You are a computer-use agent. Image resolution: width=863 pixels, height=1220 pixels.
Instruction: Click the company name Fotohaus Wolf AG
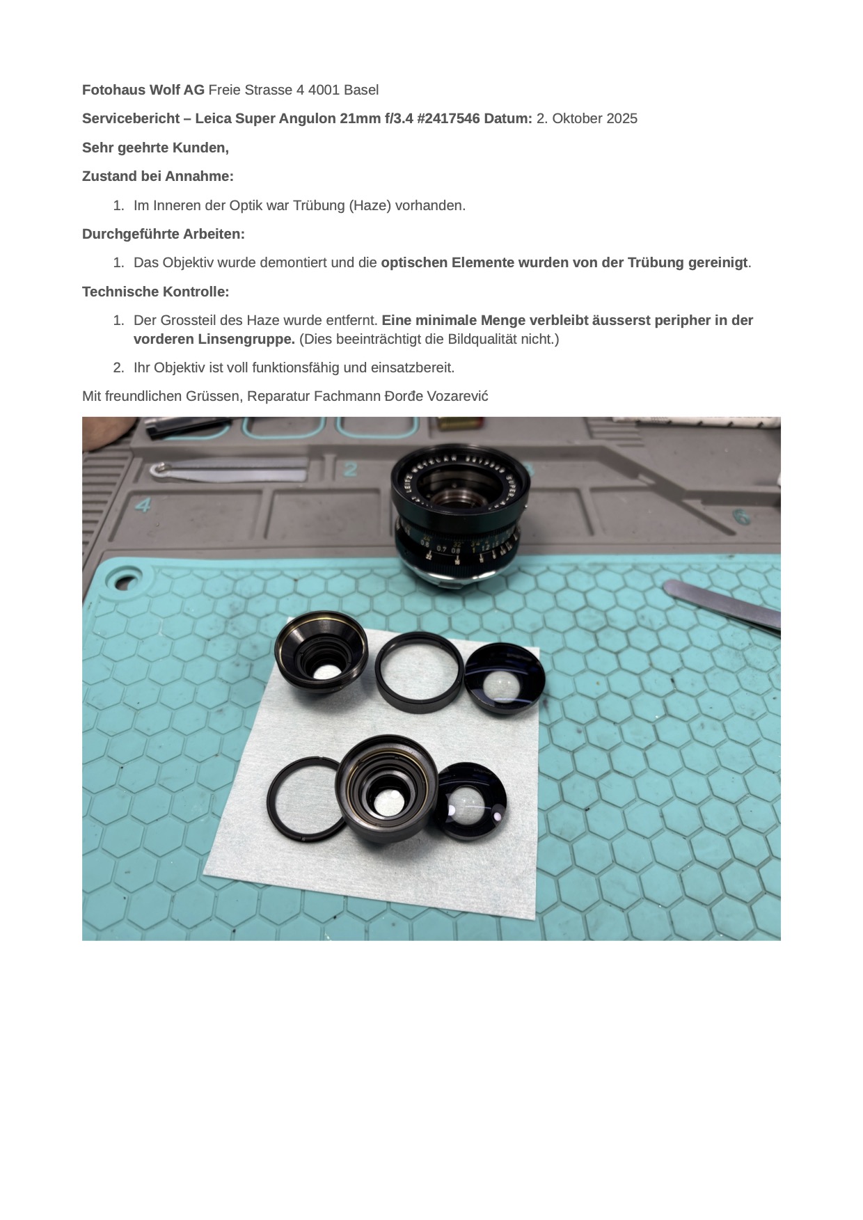click(x=143, y=90)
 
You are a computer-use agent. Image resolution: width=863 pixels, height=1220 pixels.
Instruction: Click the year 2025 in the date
click(x=621, y=118)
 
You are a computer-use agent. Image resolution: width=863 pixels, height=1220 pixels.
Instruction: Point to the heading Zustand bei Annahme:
click(x=157, y=176)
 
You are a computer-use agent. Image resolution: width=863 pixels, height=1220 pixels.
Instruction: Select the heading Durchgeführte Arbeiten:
click(x=163, y=234)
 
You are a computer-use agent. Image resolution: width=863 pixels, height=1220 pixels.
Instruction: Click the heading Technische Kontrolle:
click(x=155, y=292)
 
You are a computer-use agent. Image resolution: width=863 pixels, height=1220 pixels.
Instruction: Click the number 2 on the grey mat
click(x=350, y=469)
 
